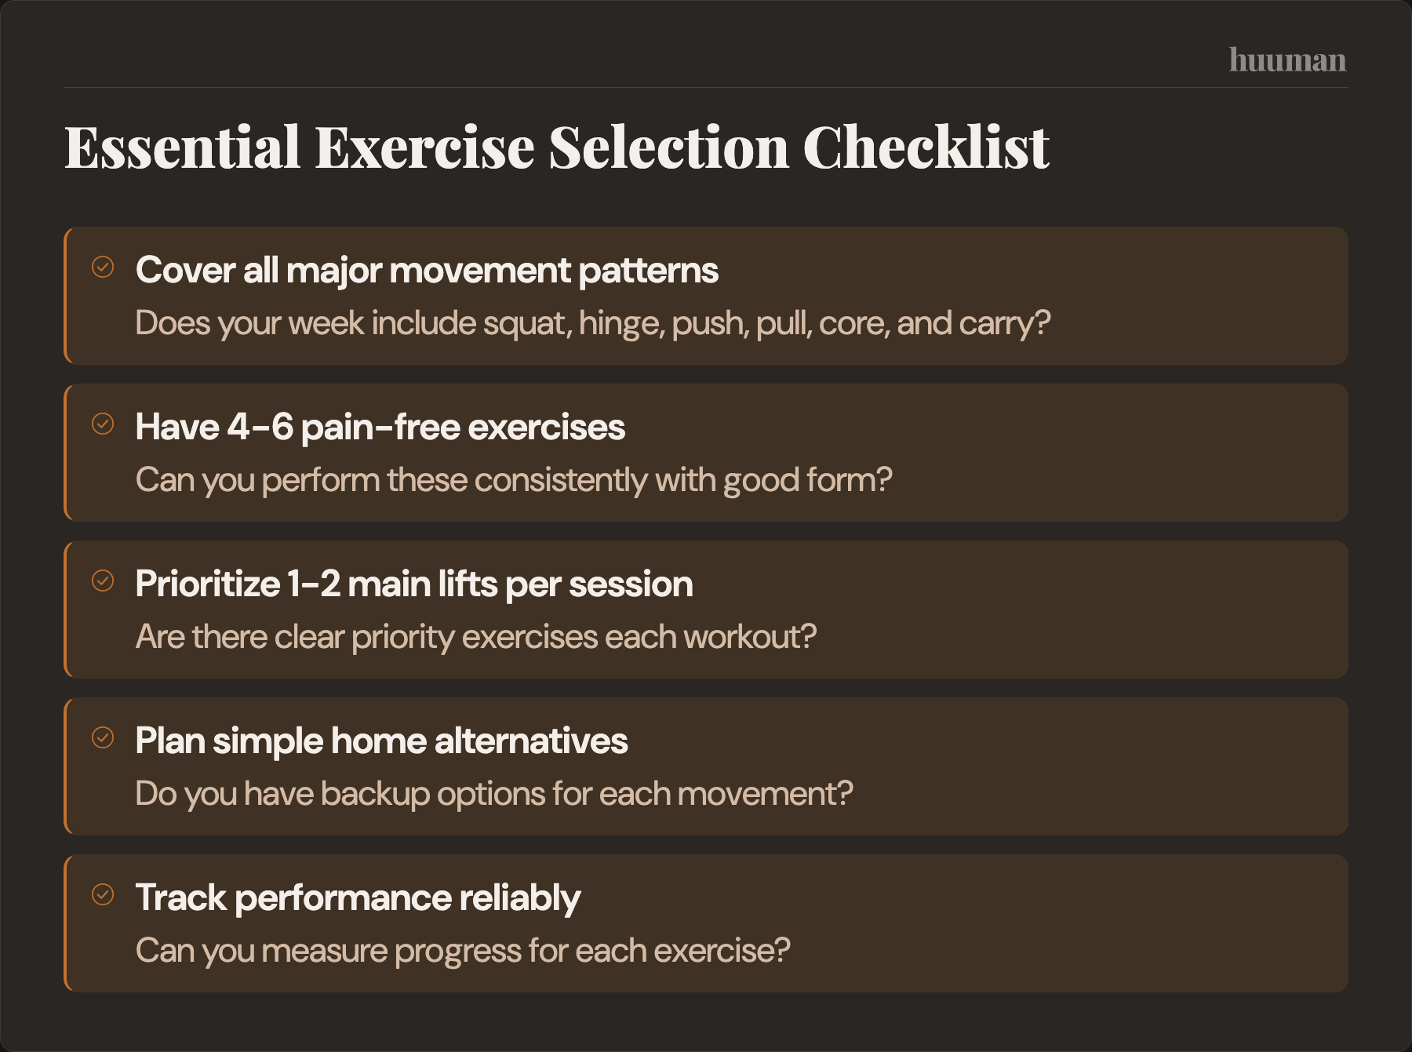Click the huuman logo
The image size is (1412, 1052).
click(1286, 60)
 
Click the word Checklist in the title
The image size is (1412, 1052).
click(926, 147)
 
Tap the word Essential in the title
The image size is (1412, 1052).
click(182, 147)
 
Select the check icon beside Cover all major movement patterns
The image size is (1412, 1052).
click(103, 267)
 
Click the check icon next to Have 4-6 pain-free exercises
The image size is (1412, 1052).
click(103, 424)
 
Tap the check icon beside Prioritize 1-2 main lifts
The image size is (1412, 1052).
click(103, 581)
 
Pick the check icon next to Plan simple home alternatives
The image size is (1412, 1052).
click(103, 737)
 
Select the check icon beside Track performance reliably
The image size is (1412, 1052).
click(103, 894)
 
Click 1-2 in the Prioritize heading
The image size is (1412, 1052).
click(314, 584)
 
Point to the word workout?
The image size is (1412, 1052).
click(749, 637)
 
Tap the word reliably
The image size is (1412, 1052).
click(519, 898)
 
